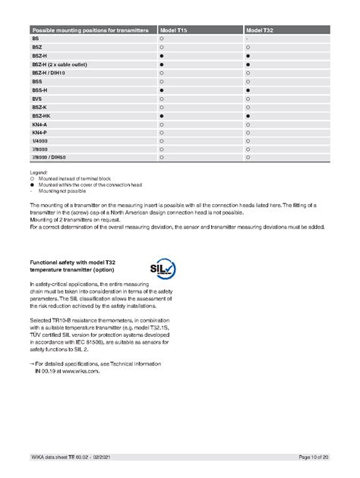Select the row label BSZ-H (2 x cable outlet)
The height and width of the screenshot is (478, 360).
tap(58, 65)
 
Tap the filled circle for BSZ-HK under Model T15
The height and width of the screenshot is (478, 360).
tap(162, 115)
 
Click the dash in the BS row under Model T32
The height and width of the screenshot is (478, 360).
tap(248, 37)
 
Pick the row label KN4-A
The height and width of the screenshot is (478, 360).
tap(39, 124)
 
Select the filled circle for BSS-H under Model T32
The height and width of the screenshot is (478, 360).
tap(248, 90)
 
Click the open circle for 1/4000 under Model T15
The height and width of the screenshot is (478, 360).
tap(162, 141)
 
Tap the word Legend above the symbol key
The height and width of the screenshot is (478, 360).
tap(38, 172)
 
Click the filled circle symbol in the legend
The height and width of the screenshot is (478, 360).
tap(33, 184)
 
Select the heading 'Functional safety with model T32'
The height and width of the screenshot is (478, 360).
tap(72, 262)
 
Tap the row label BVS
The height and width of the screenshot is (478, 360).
tap(36, 99)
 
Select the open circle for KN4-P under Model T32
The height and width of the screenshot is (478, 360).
tap(248, 133)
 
